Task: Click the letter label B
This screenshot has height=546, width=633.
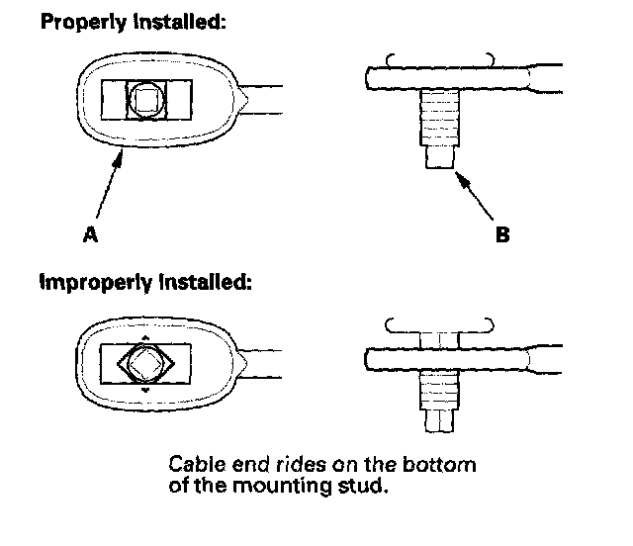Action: click(502, 235)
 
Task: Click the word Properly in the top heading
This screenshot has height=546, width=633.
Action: click(80, 21)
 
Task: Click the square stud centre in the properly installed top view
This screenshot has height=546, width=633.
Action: click(146, 99)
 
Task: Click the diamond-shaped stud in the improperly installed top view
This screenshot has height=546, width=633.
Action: click(145, 363)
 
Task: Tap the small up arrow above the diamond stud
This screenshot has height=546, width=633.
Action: click(145, 336)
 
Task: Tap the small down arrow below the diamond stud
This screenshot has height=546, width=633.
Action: click(145, 391)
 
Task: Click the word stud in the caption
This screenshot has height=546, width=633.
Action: click(369, 485)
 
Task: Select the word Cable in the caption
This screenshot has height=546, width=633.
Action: click(192, 464)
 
